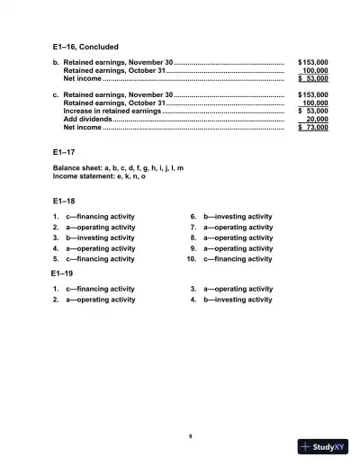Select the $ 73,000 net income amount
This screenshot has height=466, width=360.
click(313, 128)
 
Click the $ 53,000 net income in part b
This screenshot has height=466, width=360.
click(313, 79)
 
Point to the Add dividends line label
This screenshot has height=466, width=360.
click(87, 119)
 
